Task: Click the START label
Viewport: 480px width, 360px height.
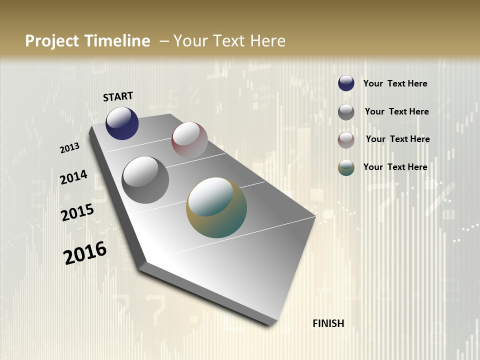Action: pyautogui.click(x=118, y=96)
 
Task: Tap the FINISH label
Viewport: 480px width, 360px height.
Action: pyautogui.click(x=328, y=323)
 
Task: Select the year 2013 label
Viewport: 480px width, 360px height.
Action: pyautogui.click(x=70, y=148)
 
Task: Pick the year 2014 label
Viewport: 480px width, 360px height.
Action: pyautogui.click(x=73, y=177)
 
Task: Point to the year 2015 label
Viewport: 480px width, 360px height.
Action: pyautogui.click(x=77, y=212)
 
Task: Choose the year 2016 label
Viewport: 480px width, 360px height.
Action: pyautogui.click(x=85, y=252)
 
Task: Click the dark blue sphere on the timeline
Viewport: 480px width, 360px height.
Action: pyautogui.click(x=122, y=123)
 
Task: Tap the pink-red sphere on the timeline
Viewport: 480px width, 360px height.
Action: pyautogui.click(x=189, y=140)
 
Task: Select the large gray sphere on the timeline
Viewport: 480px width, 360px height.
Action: pyautogui.click(x=145, y=179)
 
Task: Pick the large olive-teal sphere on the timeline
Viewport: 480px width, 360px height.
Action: pyautogui.click(x=216, y=207)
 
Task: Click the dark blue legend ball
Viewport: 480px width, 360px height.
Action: pyautogui.click(x=346, y=83)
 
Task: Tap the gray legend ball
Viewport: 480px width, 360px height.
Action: pyautogui.click(x=346, y=112)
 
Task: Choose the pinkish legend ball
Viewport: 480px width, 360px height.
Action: pyautogui.click(x=346, y=140)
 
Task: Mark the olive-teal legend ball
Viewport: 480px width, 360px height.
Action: pyautogui.click(x=346, y=168)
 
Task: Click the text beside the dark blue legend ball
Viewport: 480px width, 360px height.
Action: pyautogui.click(x=395, y=83)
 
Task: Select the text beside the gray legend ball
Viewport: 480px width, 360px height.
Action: pyautogui.click(x=396, y=111)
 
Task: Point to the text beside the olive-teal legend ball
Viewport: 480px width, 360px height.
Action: pyautogui.click(x=395, y=167)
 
